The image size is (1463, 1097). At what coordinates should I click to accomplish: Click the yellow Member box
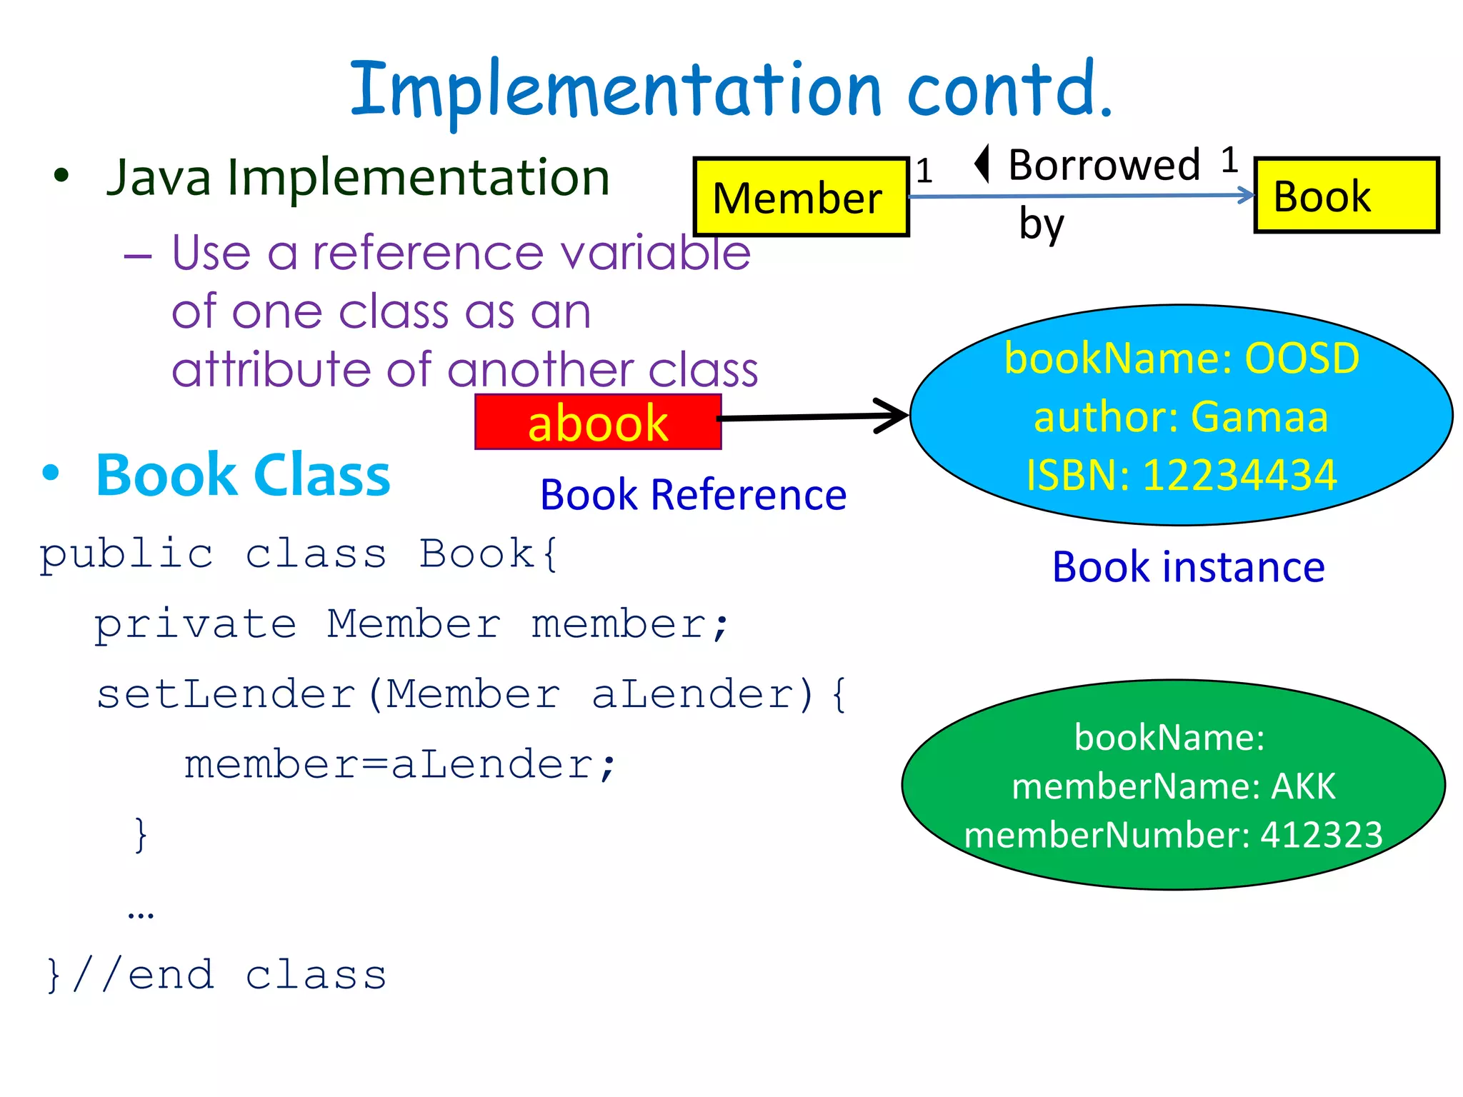[800, 197]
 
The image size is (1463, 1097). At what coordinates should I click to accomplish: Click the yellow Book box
[1346, 196]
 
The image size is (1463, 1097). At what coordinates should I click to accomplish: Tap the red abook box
[598, 422]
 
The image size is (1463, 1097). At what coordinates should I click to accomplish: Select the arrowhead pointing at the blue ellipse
[893, 416]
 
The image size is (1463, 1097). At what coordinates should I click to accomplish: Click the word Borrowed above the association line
[1104, 165]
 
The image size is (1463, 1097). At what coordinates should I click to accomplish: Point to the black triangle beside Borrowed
[983, 164]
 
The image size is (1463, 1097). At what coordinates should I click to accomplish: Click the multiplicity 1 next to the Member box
[924, 171]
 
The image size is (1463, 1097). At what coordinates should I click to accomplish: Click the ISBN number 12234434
[1239, 475]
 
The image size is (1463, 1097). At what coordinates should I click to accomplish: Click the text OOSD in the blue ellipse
[1302, 358]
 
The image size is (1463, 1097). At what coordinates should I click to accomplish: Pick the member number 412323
[1321, 834]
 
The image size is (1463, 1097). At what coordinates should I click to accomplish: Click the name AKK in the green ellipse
[1303, 786]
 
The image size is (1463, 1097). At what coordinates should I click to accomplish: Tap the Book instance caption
[1188, 567]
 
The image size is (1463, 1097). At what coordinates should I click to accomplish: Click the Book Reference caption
[693, 495]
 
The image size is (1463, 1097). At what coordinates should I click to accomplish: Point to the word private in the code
[195, 624]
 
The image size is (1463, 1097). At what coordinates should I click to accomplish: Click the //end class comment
[229, 975]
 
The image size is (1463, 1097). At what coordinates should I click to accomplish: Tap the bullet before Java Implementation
[61, 176]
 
